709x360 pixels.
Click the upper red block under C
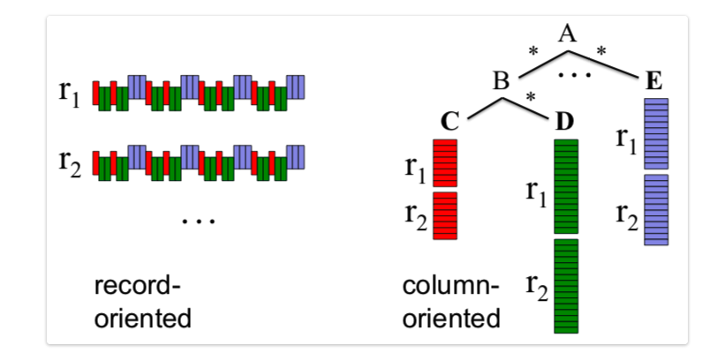pos(445,162)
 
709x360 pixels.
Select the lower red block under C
pos(445,215)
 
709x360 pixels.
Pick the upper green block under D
pos(565,185)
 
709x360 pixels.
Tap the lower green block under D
pos(565,285)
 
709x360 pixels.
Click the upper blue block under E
pos(656,133)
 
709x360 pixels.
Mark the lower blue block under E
pos(656,209)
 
